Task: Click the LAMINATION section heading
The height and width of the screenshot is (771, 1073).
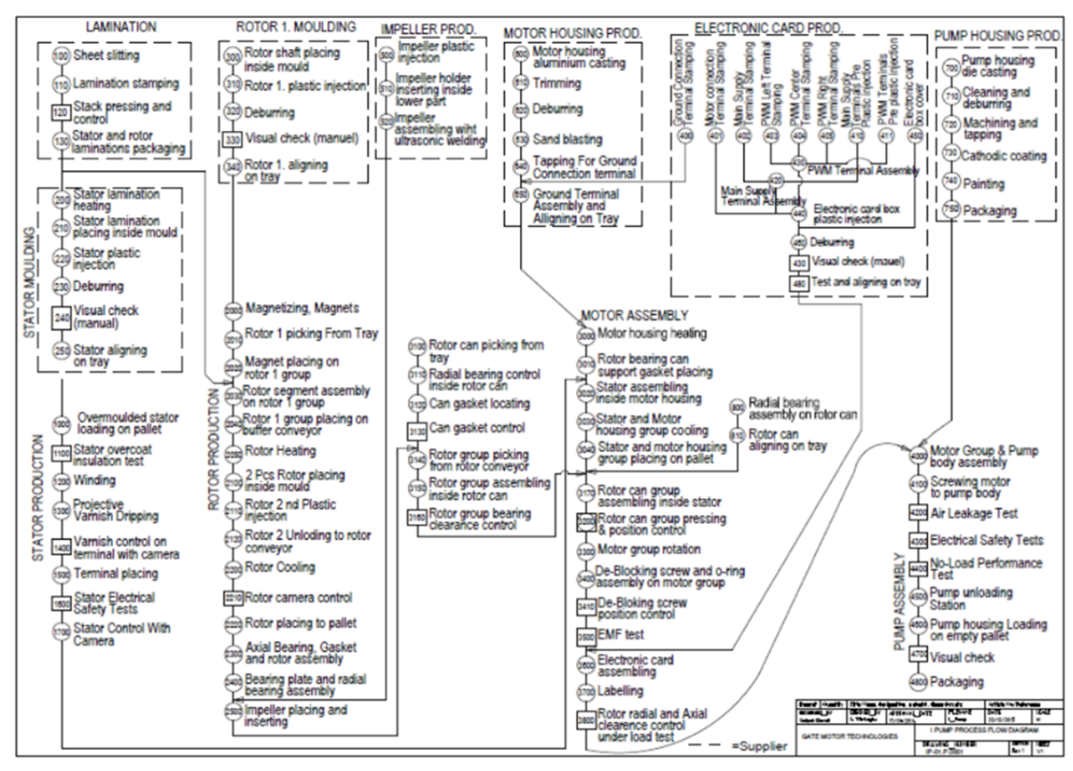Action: [120, 27]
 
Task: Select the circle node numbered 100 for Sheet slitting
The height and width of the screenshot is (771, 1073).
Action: [61, 55]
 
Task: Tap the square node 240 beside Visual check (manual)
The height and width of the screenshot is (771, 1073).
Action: [61, 317]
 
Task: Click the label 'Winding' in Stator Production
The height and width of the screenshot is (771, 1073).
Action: [94, 481]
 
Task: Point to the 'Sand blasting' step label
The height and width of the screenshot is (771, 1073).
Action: [567, 139]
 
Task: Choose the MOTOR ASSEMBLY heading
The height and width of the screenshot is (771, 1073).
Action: [635, 315]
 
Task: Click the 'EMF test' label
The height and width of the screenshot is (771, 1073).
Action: [620, 635]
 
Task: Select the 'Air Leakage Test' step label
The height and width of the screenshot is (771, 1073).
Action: [973, 514]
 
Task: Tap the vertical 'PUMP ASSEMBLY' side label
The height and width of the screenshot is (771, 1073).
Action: [899, 602]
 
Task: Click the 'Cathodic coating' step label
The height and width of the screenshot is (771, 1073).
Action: [1003, 156]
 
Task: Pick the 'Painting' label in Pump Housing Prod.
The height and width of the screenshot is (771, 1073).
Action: [983, 183]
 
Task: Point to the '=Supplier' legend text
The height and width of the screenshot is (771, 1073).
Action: [759, 746]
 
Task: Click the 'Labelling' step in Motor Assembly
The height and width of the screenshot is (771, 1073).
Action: [620, 691]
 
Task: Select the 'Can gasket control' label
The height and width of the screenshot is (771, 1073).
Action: [477, 428]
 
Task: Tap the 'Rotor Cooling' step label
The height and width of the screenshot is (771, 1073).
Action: [280, 567]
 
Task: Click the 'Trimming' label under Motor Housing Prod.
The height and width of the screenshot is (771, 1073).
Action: [557, 83]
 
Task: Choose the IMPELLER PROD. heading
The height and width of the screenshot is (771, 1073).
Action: [428, 29]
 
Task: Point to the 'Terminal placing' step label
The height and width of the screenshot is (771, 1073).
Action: [116, 573]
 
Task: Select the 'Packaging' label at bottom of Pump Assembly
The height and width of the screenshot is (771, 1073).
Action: [956, 682]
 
